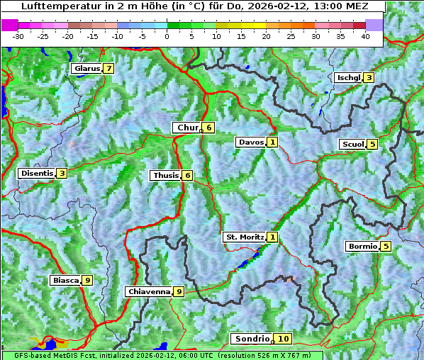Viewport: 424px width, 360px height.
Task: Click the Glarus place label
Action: [x=85, y=69]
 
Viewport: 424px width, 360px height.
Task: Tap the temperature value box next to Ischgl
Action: [x=369, y=77]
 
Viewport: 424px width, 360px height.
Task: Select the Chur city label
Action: [x=187, y=128]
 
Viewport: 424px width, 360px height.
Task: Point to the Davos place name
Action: [x=250, y=142]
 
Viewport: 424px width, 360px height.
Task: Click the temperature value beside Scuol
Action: [x=372, y=145]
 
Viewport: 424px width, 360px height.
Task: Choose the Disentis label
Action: [x=37, y=173]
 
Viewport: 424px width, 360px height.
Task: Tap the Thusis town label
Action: [x=165, y=175]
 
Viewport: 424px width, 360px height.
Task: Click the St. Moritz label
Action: [x=244, y=237]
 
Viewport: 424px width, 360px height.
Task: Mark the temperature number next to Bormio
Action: [x=385, y=247]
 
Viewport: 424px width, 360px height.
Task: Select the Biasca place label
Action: [x=65, y=281]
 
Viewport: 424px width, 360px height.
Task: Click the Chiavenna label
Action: [x=148, y=291]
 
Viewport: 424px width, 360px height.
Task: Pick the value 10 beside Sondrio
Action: [x=283, y=339]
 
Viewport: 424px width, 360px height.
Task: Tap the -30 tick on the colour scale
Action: [x=18, y=35]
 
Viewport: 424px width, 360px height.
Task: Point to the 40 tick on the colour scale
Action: [x=365, y=35]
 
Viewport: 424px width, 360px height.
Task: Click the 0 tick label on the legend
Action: [x=167, y=35]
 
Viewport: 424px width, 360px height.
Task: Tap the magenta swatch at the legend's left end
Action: [x=10, y=24]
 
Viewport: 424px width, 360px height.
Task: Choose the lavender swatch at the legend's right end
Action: [x=374, y=24]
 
